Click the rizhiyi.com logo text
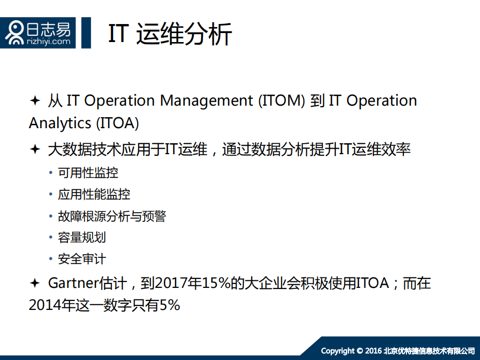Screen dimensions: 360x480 pyautogui.click(x=49, y=42)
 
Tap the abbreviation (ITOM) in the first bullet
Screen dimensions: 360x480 pyautogui.click(x=281, y=101)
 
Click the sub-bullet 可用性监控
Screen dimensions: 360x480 pyautogui.click(x=88, y=173)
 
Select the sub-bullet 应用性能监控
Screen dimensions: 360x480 pyautogui.click(x=94, y=195)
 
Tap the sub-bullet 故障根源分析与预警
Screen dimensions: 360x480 pyautogui.click(x=112, y=216)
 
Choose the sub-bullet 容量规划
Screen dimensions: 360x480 pyautogui.click(x=82, y=237)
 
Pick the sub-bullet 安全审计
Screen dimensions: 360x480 pyautogui.click(x=82, y=259)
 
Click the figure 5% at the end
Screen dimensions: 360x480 pyautogui.click(x=170, y=305)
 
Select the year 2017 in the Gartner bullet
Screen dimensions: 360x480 pyautogui.click(x=171, y=283)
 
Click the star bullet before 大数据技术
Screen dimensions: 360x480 pyautogui.click(x=35, y=149)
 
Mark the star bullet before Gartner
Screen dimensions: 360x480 pyautogui.click(x=35, y=283)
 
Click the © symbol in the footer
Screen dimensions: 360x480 pyautogui.click(x=360, y=350)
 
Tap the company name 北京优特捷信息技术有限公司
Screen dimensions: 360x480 pyautogui.click(x=429, y=350)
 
